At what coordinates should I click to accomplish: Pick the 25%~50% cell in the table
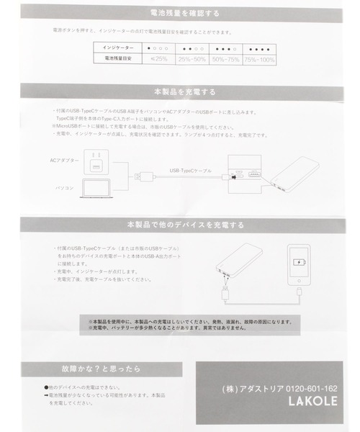(x=193, y=58)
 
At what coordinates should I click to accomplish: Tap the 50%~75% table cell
(x=228, y=58)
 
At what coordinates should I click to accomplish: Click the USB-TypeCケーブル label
(x=191, y=171)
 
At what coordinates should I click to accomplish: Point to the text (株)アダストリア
(x=251, y=389)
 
